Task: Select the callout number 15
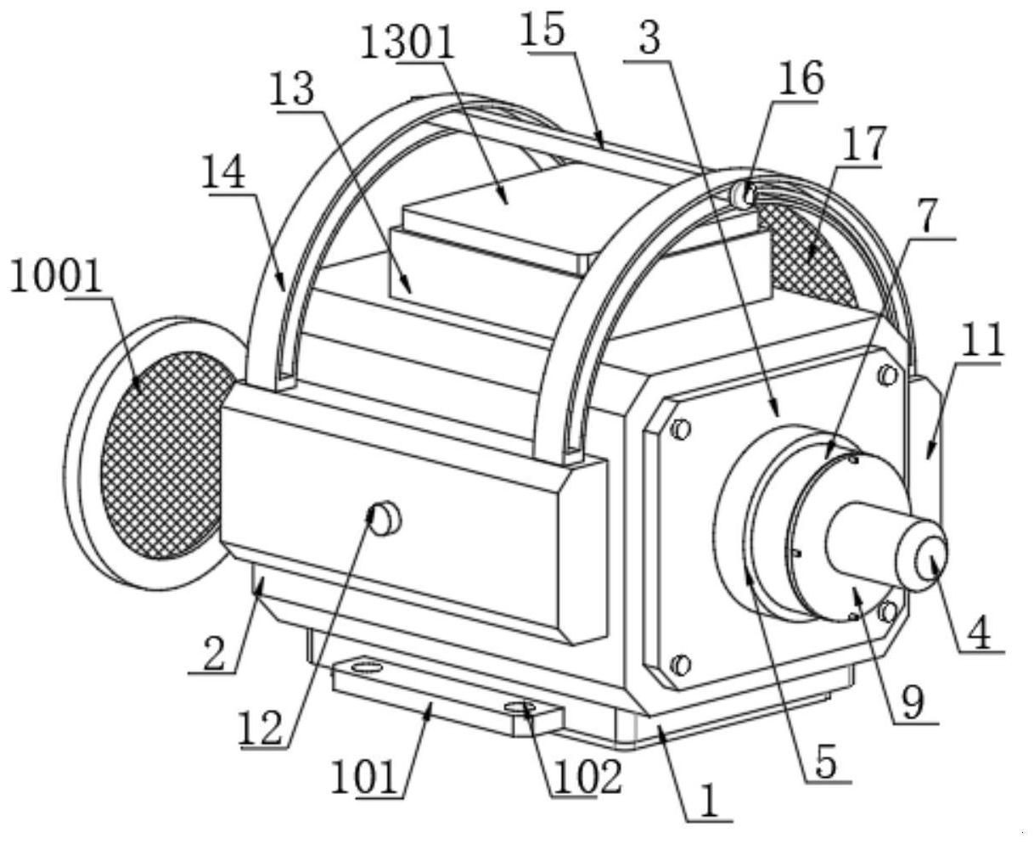pyautogui.click(x=542, y=30)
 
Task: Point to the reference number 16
pyautogui.click(x=801, y=78)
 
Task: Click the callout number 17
pyautogui.click(x=865, y=143)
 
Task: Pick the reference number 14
pyautogui.click(x=223, y=172)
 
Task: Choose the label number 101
pyautogui.click(x=364, y=776)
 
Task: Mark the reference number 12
pyautogui.click(x=261, y=728)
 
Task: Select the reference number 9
pyautogui.click(x=913, y=702)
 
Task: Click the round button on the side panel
pyautogui.click(x=385, y=518)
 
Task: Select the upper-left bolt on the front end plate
pyautogui.click(x=681, y=430)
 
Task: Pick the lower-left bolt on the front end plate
pyautogui.click(x=681, y=665)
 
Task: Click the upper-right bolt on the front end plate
pyautogui.click(x=888, y=375)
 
